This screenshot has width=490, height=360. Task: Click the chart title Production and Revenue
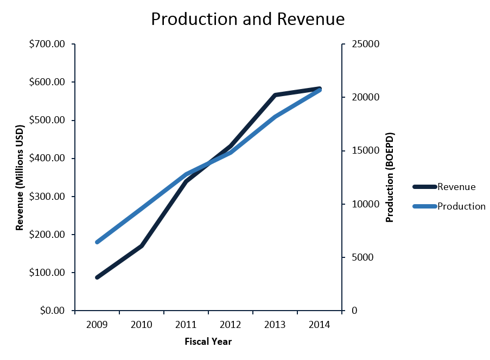pyautogui.click(x=247, y=19)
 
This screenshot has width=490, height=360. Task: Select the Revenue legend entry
pyautogui.click(x=456, y=187)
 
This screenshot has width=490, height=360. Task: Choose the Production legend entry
pyautogui.click(x=461, y=206)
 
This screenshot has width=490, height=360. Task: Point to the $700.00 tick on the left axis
pyautogui.click(x=47, y=44)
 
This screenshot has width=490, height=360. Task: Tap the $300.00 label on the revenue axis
pyautogui.click(x=47, y=197)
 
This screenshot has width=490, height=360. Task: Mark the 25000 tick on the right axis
pyautogui.click(x=364, y=44)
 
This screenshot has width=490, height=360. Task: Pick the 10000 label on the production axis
pyautogui.click(x=364, y=204)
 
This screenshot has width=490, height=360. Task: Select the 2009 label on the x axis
pyautogui.click(x=97, y=325)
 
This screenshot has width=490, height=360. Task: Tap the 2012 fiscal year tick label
pyautogui.click(x=231, y=325)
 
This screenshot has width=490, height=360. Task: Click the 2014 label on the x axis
pyautogui.click(x=320, y=325)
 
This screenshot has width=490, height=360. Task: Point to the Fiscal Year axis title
pyautogui.click(x=208, y=342)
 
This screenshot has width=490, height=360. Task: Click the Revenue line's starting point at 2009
pyautogui.click(x=97, y=277)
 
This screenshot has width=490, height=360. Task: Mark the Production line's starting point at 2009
pyautogui.click(x=97, y=242)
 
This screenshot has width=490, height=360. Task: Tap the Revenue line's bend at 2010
pyautogui.click(x=142, y=246)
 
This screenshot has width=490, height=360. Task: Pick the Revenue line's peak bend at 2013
pyautogui.click(x=275, y=95)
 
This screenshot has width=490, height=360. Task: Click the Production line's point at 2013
pyautogui.click(x=275, y=117)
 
